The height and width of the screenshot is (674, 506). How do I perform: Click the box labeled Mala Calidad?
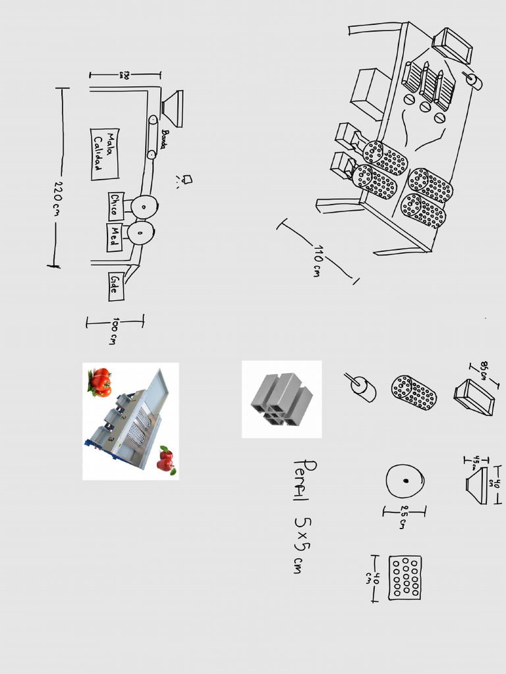pyautogui.click(x=104, y=154)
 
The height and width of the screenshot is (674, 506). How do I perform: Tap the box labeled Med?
pyautogui.click(x=115, y=238)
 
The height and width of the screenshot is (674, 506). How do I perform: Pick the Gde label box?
pyautogui.click(x=116, y=286)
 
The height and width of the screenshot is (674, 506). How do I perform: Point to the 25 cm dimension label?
pyautogui.click(x=403, y=517)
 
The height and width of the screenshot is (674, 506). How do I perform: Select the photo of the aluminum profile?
pyautogui.click(x=281, y=399)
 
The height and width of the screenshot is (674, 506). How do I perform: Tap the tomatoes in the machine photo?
pyautogui.click(x=100, y=382)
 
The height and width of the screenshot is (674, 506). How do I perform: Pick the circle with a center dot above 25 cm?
pyautogui.click(x=405, y=481)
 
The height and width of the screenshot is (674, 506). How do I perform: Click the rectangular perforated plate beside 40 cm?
pyautogui.click(x=405, y=577)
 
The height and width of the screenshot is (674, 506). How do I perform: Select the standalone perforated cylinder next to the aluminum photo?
pyautogui.click(x=414, y=392)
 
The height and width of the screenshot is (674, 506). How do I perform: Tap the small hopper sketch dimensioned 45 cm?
pyautogui.click(x=477, y=486)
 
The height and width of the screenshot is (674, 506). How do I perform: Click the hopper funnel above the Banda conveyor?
pyautogui.click(x=173, y=109)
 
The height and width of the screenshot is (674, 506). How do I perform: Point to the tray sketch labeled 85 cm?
pyautogui.click(x=474, y=398)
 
